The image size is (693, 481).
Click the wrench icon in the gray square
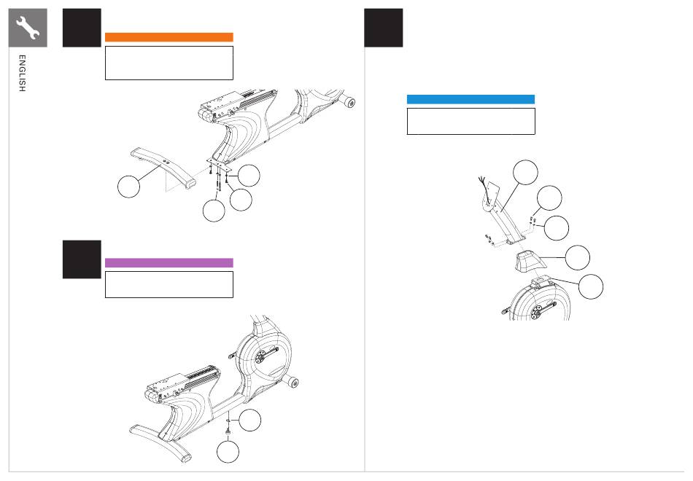pyautogui.click(x=28, y=28)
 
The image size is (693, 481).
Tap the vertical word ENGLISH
pyautogui.click(x=22, y=74)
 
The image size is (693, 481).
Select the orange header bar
pyautogui.click(x=169, y=37)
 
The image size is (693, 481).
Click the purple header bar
pyautogui.click(x=169, y=263)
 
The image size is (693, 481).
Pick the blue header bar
pyautogui.click(x=471, y=99)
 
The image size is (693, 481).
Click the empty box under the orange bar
pyautogui.click(x=169, y=63)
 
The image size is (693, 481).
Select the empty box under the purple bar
pyautogui.click(x=169, y=284)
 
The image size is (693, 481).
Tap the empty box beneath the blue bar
pyautogui.click(x=471, y=121)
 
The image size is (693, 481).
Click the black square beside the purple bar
pyautogui.click(x=82, y=259)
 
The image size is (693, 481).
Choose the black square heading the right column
pyautogui.click(x=383, y=28)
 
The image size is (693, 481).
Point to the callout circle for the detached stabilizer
pyautogui.click(x=128, y=187)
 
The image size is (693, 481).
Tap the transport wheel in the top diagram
pyautogui.click(x=349, y=103)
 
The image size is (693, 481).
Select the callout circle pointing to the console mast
pyautogui.click(x=525, y=172)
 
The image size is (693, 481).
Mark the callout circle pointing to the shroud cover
pyautogui.click(x=578, y=257)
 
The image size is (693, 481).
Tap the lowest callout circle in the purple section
pyautogui.click(x=228, y=452)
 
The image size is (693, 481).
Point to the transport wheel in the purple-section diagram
pyautogui.click(x=292, y=382)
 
